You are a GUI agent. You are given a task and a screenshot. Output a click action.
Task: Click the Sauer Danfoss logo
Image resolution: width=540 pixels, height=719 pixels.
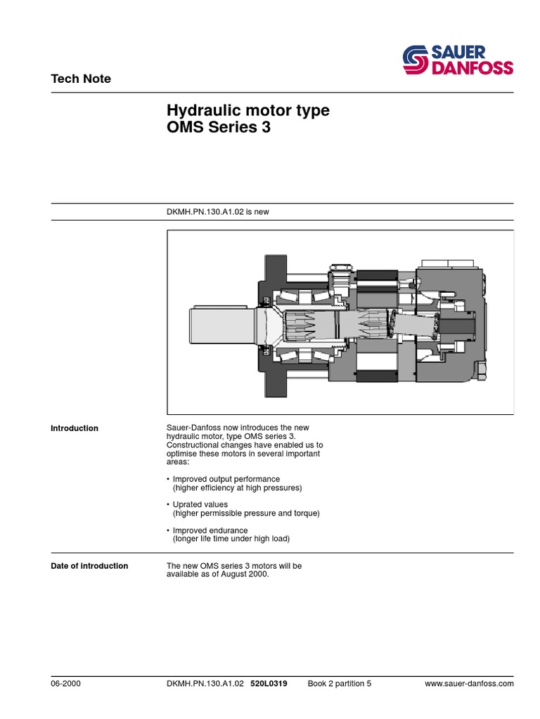[457, 60]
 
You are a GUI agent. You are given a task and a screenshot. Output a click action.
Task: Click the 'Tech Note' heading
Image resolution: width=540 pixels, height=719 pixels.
[81, 79]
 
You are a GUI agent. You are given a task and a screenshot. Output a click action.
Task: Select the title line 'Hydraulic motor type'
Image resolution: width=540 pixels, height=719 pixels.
[247, 111]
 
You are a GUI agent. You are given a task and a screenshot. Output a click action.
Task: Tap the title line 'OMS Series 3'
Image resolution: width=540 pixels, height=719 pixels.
[218, 128]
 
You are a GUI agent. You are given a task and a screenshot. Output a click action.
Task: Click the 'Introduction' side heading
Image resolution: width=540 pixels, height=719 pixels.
[75, 428]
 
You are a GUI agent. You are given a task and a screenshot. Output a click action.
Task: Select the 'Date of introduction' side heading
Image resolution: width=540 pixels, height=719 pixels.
[89, 566]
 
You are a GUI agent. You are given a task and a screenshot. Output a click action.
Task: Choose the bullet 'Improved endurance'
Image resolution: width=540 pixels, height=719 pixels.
[207, 530]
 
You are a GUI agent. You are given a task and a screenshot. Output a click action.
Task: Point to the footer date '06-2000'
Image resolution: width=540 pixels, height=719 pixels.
[65, 683]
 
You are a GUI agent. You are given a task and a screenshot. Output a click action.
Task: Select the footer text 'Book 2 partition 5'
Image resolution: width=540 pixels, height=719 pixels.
[339, 683]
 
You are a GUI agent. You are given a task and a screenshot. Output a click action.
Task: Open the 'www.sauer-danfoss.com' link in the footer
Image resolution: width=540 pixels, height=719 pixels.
[470, 683]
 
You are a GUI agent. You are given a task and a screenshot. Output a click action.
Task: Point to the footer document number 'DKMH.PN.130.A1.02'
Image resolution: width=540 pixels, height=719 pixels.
[205, 683]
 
